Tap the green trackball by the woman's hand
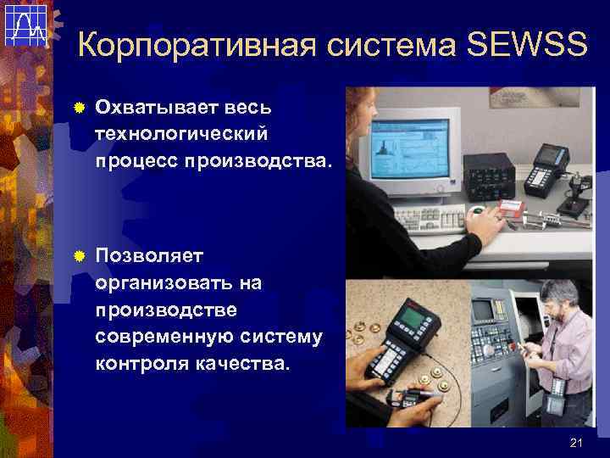pyautogui.click(x=478, y=209)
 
